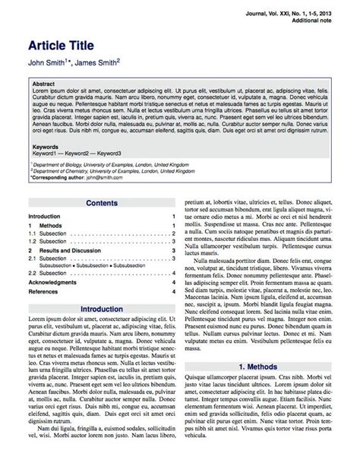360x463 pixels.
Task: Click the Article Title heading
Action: (67, 43)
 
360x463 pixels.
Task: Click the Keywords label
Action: (46, 147)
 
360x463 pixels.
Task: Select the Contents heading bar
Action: (102, 203)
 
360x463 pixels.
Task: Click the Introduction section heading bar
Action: (102, 309)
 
